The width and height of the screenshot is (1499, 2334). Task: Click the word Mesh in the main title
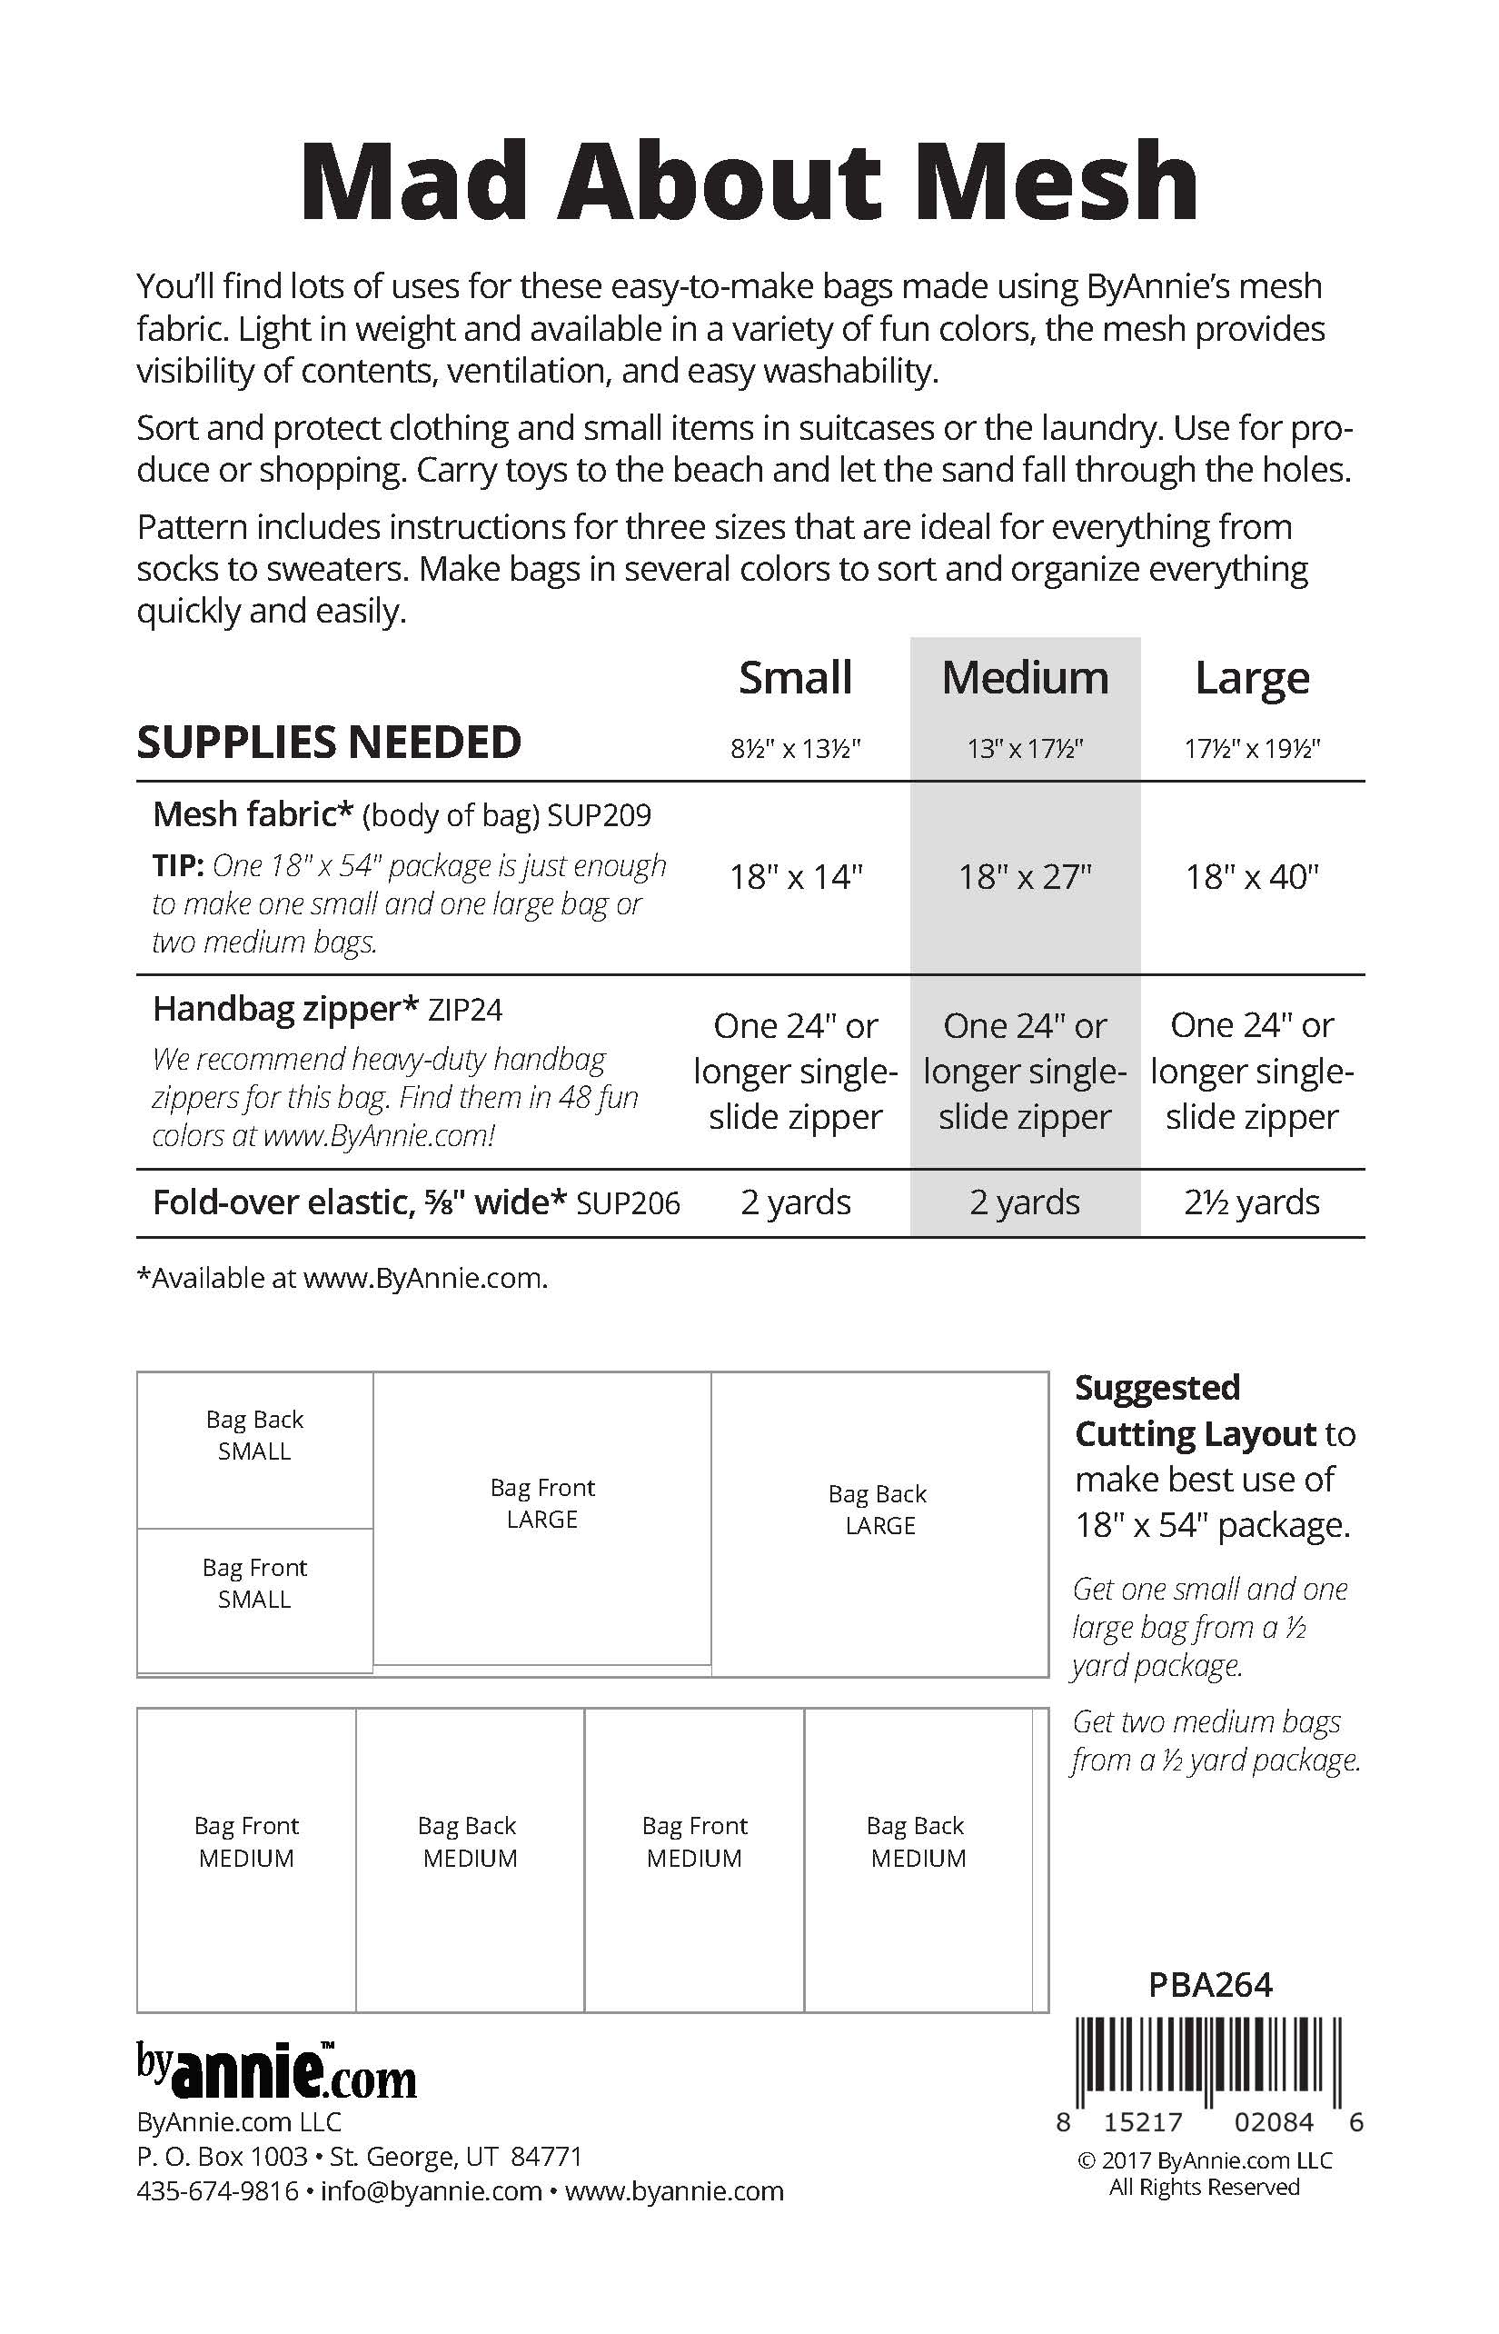coord(1057,182)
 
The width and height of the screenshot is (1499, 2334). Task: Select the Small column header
coord(795,678)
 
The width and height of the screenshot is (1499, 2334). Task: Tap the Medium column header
coord(1025,678)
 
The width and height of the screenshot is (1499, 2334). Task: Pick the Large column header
coord(1252,678)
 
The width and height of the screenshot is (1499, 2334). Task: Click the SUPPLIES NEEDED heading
coord(329,742)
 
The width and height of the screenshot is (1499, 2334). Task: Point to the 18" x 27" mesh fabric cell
coord(1025,877)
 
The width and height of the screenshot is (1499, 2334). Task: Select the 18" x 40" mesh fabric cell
coord(1252,877)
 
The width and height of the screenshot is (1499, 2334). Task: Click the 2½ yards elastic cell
coord(1252,1202)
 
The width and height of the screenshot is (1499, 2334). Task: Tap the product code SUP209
coord(599,815)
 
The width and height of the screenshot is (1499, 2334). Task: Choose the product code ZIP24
coord(465,1010)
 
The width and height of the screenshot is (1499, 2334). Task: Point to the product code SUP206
coord(628,1203)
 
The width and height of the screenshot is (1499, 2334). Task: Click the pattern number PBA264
coord(1210,1984)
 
